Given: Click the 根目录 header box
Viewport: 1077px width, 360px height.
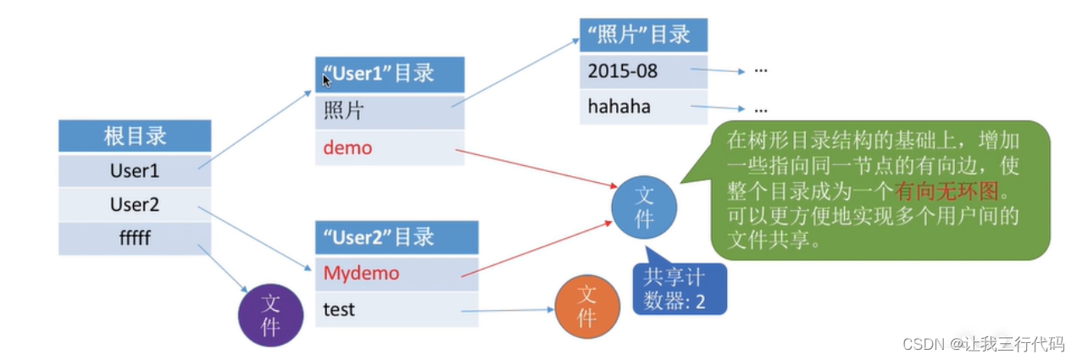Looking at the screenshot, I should tap(135, 136).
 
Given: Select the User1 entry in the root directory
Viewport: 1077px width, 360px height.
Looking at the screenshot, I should tap(135, 170).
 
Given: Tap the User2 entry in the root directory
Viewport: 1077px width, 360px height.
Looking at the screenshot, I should tap(135, 204).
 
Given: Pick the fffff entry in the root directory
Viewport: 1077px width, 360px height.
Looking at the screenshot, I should tap(135, 238).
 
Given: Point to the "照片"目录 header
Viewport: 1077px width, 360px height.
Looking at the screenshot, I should tap(643, 35).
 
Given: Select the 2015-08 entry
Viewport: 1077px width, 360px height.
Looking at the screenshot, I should tap(643, 70).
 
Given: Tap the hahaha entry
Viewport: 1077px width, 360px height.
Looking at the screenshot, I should tap(643, 107).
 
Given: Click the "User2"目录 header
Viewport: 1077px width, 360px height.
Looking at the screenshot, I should tap(396, 237).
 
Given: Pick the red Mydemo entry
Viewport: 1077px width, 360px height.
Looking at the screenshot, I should tap(396, 274).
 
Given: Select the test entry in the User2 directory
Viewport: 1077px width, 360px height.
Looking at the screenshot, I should tap(396, 310).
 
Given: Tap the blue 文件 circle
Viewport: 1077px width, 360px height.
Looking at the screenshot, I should tap(645, 207).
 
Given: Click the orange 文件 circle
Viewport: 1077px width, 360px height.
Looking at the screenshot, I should tap(586, 307).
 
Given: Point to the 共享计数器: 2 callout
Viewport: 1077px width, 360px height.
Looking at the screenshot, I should tap(680, 288).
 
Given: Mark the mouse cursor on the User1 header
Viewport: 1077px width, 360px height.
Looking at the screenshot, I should tap(326, 80).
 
